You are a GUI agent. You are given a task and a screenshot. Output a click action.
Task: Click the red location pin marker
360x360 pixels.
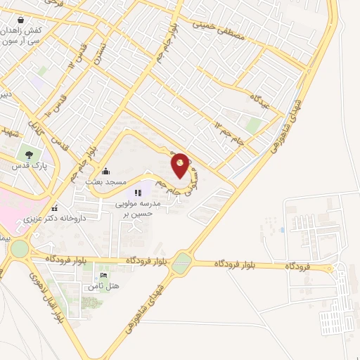click(x=181, y=165)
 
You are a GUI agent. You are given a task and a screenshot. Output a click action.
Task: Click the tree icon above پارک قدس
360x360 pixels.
click(x=29, y=155)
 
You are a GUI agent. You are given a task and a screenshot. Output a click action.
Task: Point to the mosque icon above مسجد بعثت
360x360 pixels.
click(x=105, y=170)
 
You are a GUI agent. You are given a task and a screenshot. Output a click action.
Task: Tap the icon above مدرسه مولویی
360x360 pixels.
click(x=138, y=191)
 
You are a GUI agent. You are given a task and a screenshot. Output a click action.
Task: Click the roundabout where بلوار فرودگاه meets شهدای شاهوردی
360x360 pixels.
click(x=181, y=263)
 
